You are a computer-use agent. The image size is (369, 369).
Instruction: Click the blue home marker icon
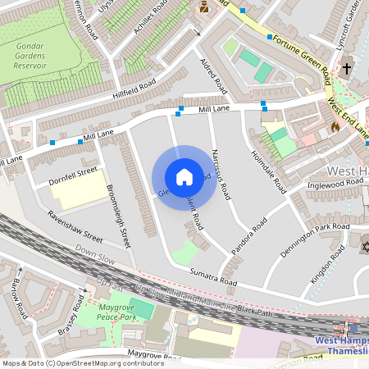(184, 177)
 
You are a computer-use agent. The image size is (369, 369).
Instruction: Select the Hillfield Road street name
(135, 84)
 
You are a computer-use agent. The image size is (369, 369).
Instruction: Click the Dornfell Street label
(73, 173)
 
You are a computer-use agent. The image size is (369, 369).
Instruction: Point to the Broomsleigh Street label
(119, 216)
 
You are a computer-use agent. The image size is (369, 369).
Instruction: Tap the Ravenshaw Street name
(75, 227)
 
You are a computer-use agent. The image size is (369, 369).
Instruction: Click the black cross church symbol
(347, 69)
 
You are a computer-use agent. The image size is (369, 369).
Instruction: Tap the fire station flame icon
(335, 127)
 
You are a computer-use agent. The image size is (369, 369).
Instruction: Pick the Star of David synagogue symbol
(364, 246)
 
